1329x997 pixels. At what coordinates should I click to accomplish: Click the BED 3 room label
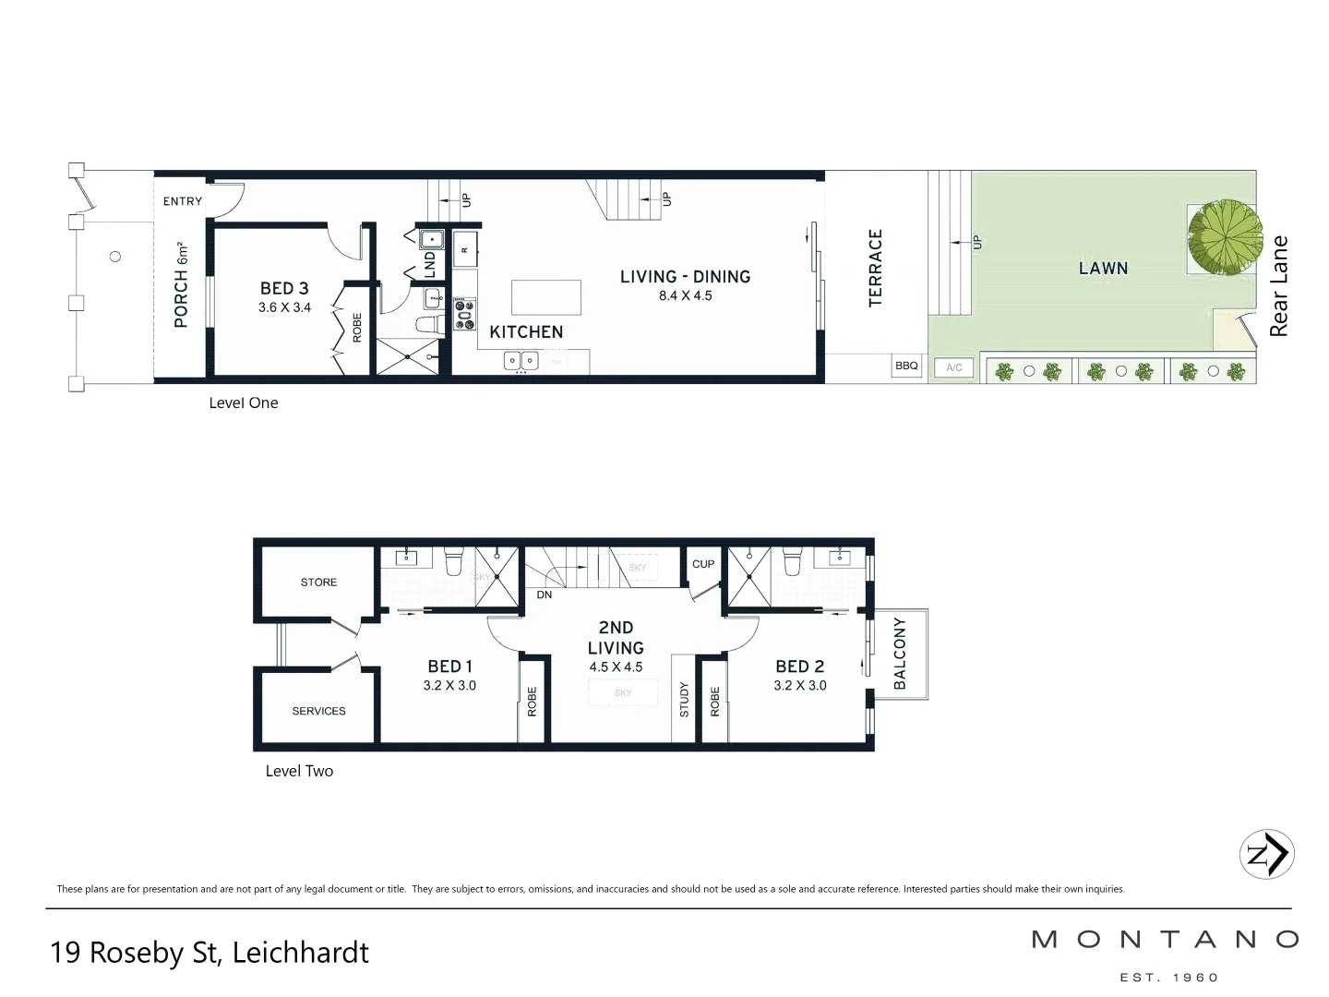pyautogui.click(x=284, y=289)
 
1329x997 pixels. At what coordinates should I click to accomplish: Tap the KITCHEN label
pyautogui.click(x=526, y=332)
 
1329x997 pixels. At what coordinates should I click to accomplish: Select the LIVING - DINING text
pyautogui.click(x=685, y=277)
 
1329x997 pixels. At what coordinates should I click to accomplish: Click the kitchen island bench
pyautogui.click(x=546, y=298)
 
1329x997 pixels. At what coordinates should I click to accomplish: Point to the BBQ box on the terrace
pyautogui.click(x=906, y=366)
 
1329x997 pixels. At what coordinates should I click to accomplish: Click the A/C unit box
pyautogui.click(x=954, y=368)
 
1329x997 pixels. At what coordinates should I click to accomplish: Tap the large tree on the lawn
pyautogui.click(x=1224, y=236)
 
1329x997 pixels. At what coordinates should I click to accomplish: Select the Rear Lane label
pyautogui.click(x=1278, y=286)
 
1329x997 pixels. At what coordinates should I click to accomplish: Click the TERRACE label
pyautogui.click(x=876, y=268)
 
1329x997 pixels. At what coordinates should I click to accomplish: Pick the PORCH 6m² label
pyautogui.click(x=181, y=285)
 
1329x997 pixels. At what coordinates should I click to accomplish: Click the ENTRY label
pyautogui.click(x=183, y=201)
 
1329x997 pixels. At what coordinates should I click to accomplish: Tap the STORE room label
pyautogui.click(x=318, y=583)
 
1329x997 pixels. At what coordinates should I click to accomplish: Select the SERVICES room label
pyautogui.click(x=318, y=712)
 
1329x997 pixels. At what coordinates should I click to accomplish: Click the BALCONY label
pyautogui.click(x=900, y=654)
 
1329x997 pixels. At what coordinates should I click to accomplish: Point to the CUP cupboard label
pyautogui.click(x=703, y=564)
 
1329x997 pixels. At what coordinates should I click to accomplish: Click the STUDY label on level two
pyautogui.click(x=684, y=700)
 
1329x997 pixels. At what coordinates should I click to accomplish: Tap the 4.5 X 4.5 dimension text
pyautogui.click(x=616, y=667)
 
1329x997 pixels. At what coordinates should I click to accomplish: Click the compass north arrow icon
pyautogui.click(x=1266, y=854)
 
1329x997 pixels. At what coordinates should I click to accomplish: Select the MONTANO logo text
pyautogui.click(x=1165, y=940)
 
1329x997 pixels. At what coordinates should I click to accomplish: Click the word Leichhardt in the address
pyautogui.click(x=300, y=953)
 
